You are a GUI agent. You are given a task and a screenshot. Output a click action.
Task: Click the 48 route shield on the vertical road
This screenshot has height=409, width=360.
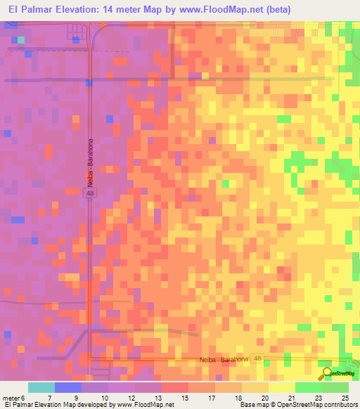90,193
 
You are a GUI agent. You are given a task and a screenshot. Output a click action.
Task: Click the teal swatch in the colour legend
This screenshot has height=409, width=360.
41,387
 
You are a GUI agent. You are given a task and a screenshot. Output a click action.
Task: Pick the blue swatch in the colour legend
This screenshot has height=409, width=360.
68,387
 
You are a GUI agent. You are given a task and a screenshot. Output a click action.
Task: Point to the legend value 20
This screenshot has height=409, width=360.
265,398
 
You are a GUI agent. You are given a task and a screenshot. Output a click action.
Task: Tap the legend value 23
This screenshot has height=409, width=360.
319,398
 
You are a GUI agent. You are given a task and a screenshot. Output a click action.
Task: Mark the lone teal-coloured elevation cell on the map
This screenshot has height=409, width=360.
22,39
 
